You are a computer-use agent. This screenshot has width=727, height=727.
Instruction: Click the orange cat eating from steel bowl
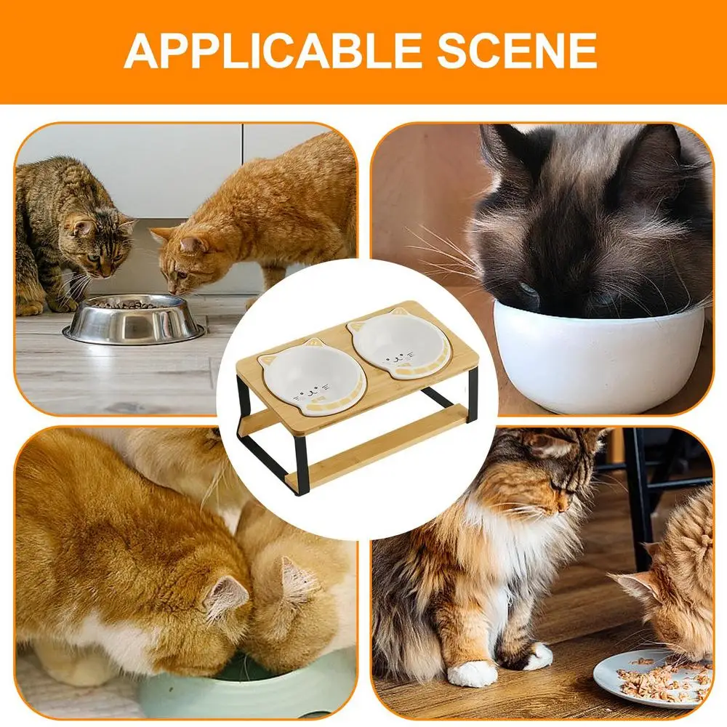(x=247, y=218)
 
